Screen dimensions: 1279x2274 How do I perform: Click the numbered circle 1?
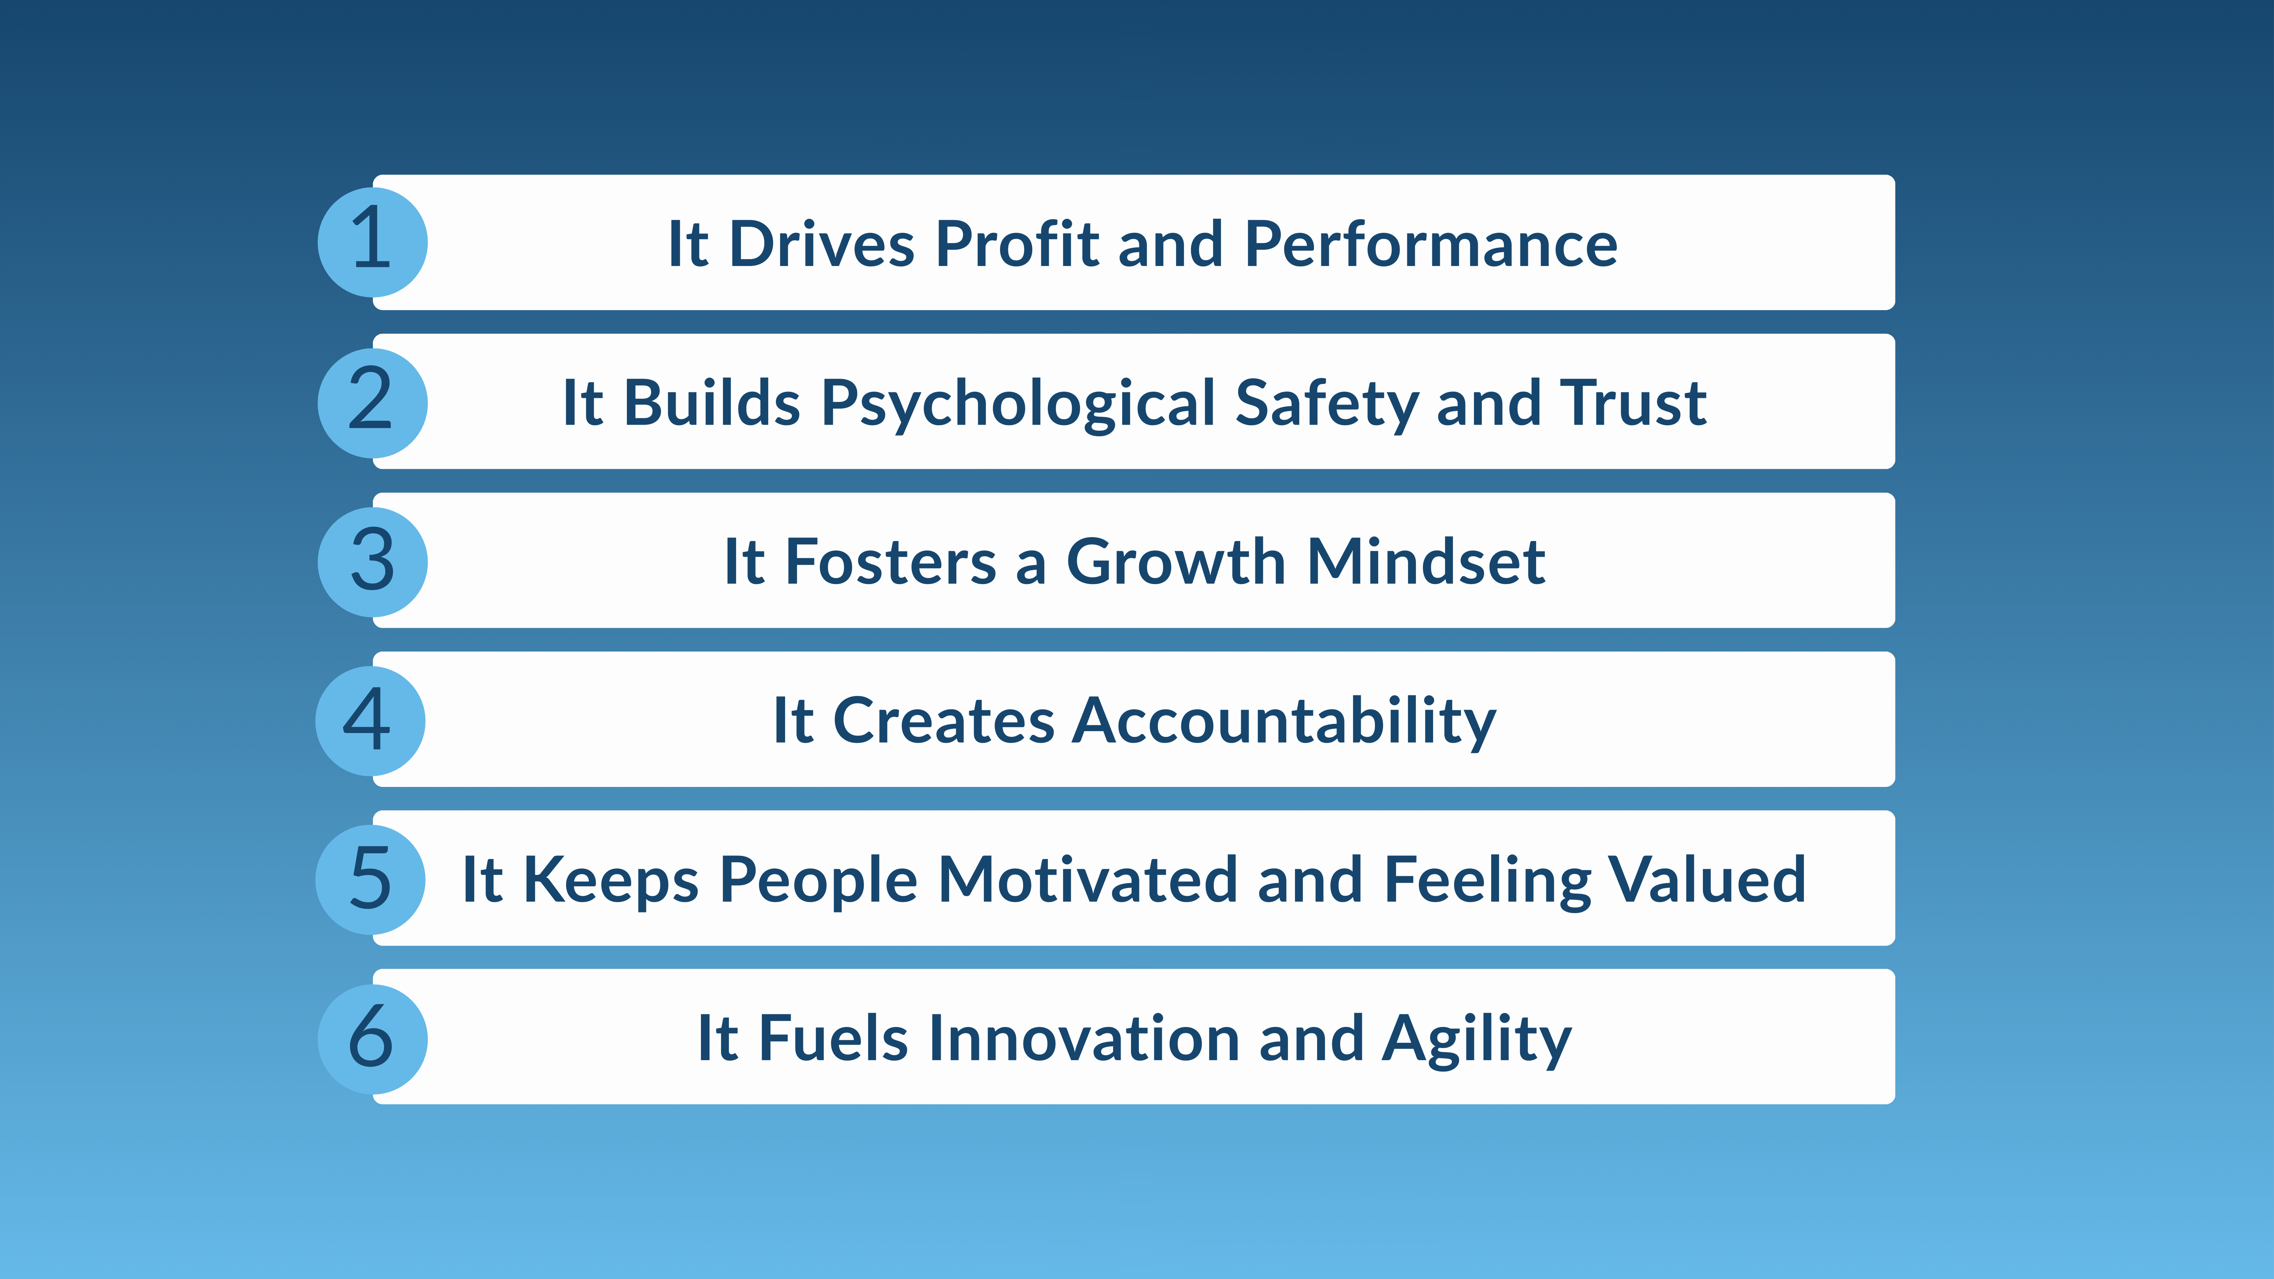(372, 242)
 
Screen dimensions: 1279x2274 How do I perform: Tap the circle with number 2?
(372, 403)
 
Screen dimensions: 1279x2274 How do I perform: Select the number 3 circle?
(372, 561)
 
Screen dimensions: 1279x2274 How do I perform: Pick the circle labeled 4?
(370, 720)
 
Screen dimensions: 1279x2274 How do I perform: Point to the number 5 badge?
(370, 879)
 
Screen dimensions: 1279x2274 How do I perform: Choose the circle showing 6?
(372, 1038)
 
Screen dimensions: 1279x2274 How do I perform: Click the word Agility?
(1476, 1040)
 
